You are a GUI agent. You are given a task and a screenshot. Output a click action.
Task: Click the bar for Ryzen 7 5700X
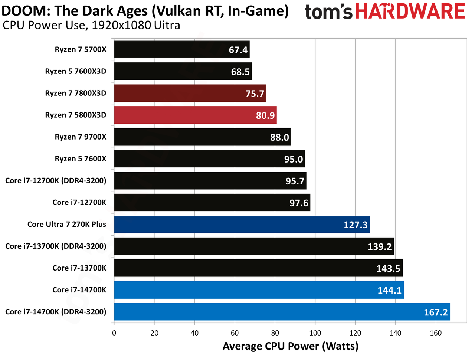pos(182,49)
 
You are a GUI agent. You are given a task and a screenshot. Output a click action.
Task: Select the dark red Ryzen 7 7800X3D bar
pos(190,93)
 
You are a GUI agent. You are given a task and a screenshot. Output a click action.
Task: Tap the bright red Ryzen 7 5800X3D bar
pos(196,115)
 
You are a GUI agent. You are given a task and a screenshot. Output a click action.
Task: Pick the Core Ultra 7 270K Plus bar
pos(242,224)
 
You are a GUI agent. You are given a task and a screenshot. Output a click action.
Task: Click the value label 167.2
pos(436,312)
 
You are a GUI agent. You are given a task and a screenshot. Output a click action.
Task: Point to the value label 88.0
pos(279,137)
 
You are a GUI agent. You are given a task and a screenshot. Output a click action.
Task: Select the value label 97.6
pos(299,203)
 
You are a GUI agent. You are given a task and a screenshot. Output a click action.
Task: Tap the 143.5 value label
pos(388,268)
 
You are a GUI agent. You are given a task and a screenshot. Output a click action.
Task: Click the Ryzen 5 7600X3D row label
pos(76,71)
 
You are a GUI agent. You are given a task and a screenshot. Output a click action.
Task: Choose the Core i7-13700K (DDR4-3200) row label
pos(56,246)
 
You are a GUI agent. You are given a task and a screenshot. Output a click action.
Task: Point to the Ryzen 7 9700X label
pos(81,137)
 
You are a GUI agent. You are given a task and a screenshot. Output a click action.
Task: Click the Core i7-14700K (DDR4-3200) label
pos(56,312)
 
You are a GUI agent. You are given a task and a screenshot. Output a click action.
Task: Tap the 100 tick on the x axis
pos(315,333)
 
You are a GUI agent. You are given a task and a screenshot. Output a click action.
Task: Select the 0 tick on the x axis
pos(114,333)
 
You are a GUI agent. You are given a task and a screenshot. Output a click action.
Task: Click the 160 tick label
pos(436,333)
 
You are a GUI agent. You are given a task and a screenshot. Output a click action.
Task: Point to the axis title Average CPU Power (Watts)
pos(291,346)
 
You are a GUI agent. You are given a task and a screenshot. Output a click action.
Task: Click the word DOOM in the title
pos(26,11)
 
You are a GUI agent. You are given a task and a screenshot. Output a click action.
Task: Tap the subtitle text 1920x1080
pos(121,25)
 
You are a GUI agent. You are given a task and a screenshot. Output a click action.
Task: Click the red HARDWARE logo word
pos(410,11)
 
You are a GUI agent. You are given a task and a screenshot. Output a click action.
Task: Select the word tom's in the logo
pos(328,12)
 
